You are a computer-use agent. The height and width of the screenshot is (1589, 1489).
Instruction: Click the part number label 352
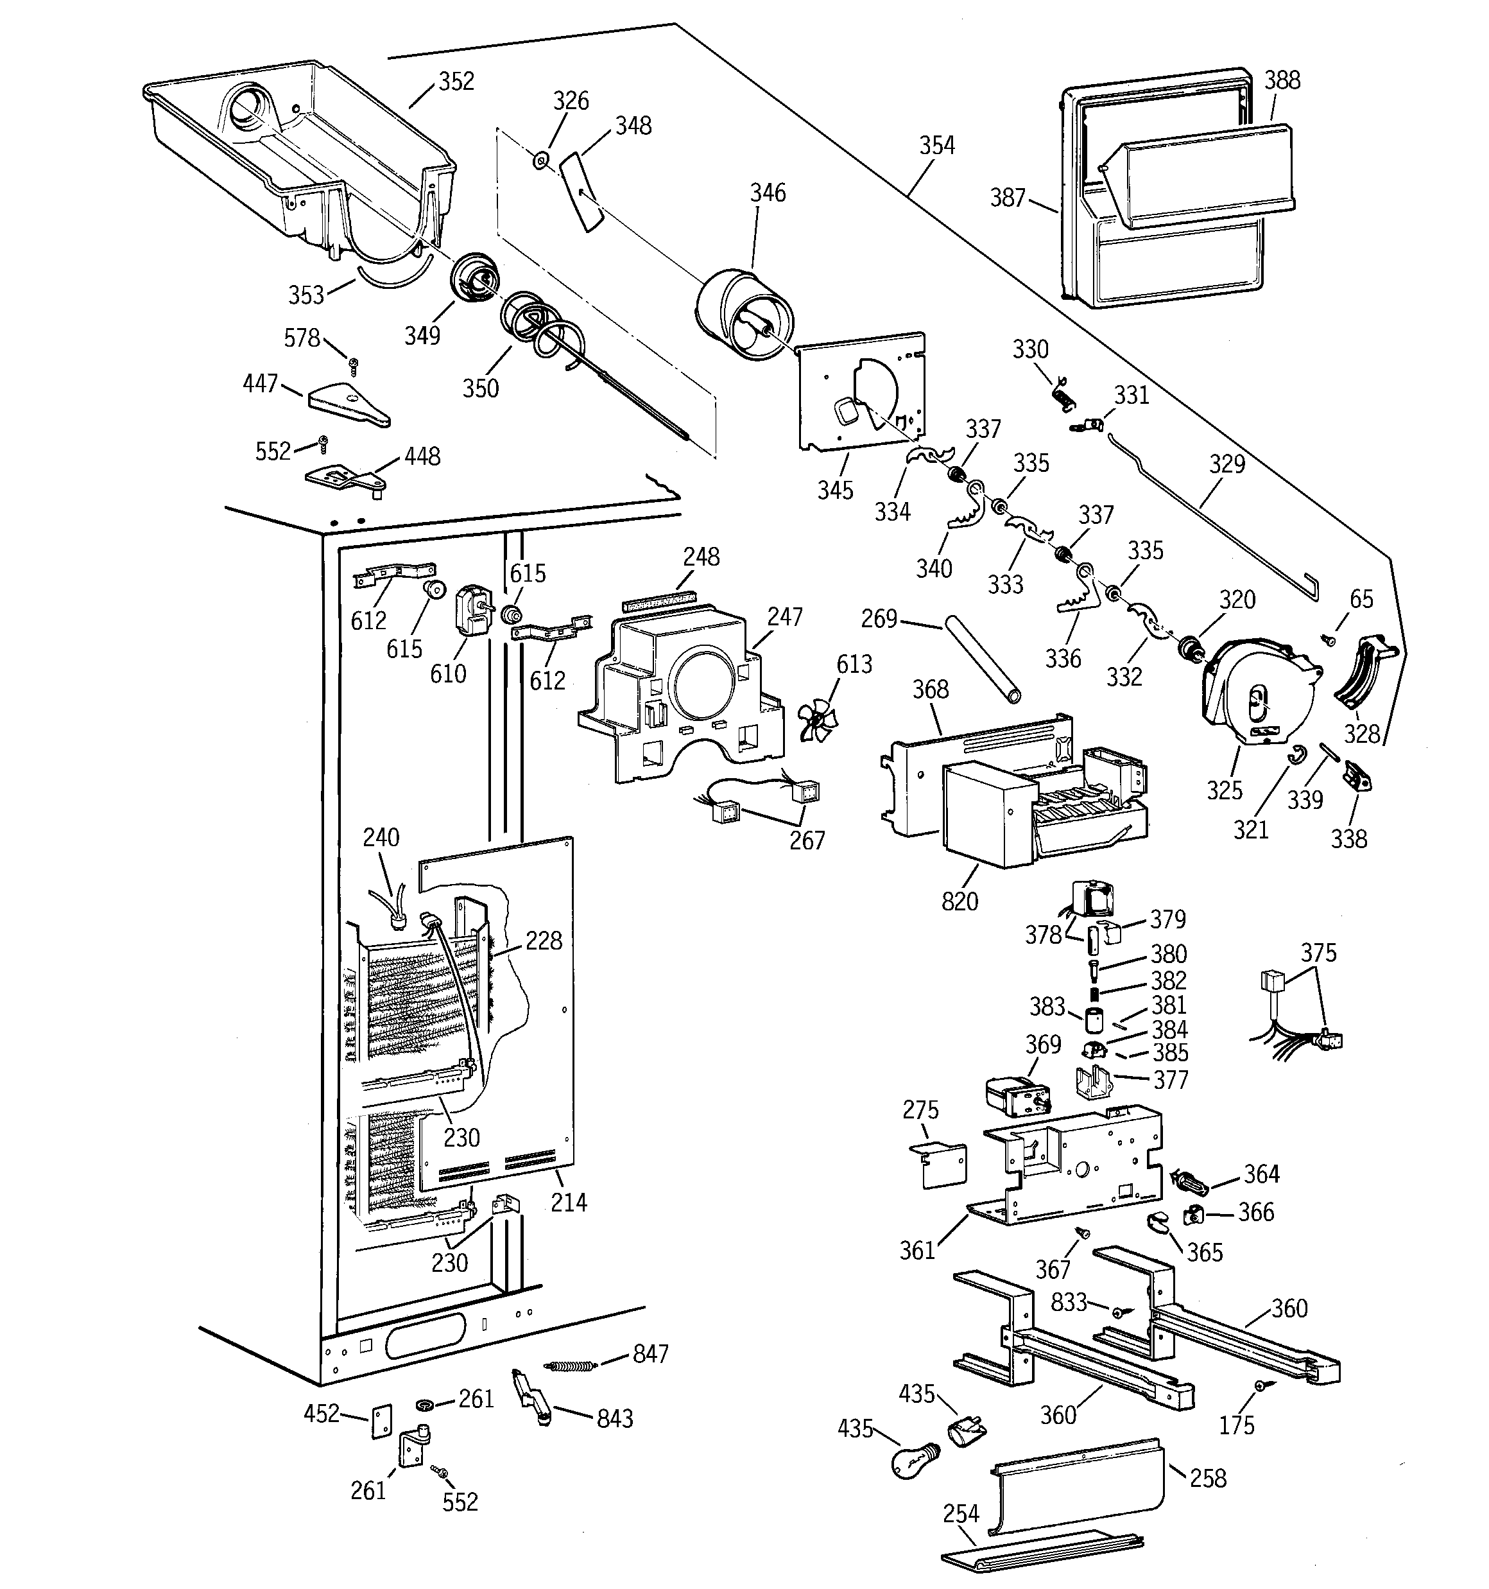456,82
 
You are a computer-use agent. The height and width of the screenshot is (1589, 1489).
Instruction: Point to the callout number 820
959,901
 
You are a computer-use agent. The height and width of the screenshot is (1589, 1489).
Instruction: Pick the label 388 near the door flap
1282,80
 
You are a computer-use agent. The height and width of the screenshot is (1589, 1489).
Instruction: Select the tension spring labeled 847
570,1366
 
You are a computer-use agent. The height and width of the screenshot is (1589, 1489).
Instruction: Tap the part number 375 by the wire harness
1318,953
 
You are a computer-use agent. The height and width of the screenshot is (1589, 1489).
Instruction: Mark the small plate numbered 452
382,1422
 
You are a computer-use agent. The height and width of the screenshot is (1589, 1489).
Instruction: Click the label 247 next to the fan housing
784,617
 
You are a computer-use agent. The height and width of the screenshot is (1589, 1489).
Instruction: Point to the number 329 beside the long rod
1227,464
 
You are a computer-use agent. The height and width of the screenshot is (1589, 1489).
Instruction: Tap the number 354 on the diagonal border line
936,146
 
